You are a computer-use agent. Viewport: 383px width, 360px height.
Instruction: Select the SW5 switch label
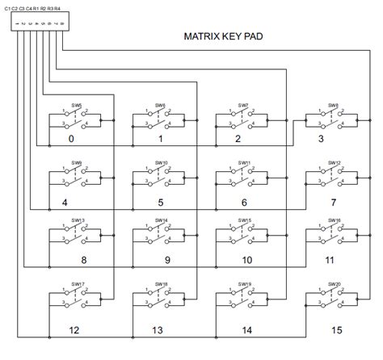click(77, 105)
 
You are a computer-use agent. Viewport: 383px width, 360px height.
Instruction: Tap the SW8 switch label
click(333, 105)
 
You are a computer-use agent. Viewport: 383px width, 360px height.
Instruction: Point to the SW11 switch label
click(245, 162)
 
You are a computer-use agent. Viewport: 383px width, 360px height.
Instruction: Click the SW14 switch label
click(160, 220)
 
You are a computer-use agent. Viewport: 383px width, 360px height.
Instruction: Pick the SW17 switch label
click(77, 284)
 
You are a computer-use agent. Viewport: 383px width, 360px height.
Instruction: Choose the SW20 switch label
click(333, 284)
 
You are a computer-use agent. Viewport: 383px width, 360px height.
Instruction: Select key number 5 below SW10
click(161, 203)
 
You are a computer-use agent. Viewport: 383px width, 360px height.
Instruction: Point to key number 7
click(334, 203)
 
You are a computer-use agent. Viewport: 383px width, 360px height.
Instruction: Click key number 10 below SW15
click(246, 261)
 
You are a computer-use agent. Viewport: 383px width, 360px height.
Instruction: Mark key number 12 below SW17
click(74, 330)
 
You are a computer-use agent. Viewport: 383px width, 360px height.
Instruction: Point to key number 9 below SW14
click(167, 261)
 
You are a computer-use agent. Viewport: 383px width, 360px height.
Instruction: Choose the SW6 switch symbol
click(160, 119)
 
